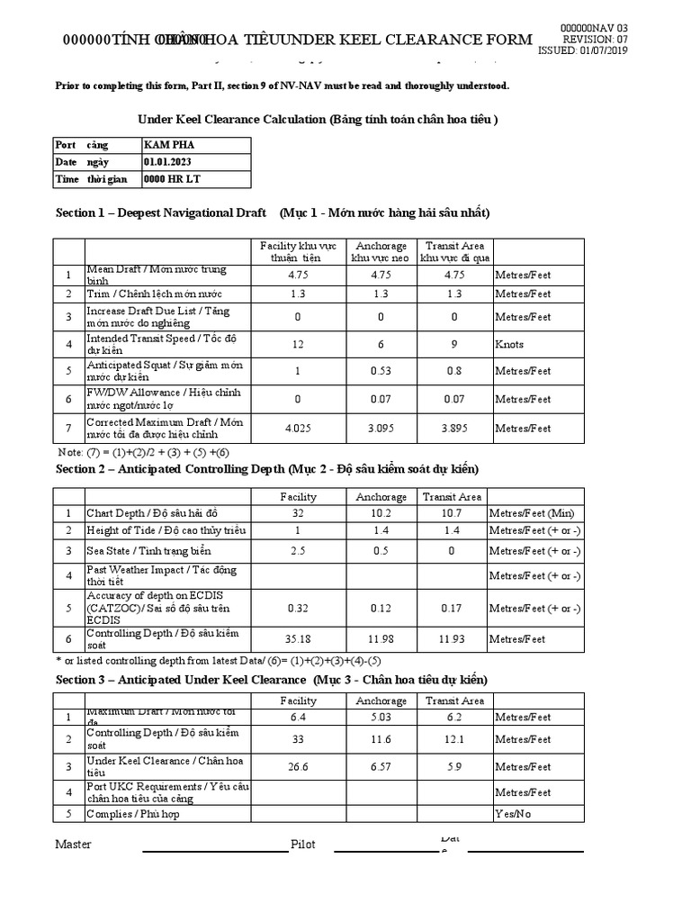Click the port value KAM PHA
(168, 145)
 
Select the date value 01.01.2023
(171, 162)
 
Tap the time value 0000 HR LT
(172, 178)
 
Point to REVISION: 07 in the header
(596, 40)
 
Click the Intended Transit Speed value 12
(298, 344)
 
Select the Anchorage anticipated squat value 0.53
(381, 371)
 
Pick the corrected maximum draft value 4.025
(298, 428)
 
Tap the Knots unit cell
(508, 344)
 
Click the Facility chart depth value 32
(298, 513)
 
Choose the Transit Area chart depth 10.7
(454, 513)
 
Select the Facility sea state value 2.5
(298, 550)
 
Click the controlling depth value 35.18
(298, 638)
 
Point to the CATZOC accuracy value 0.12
(381, 608)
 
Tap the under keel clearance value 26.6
(298, 766)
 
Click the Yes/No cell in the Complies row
(510, 813)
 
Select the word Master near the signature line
(74, 844)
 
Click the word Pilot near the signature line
(303, 845)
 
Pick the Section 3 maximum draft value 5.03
(381, 718)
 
